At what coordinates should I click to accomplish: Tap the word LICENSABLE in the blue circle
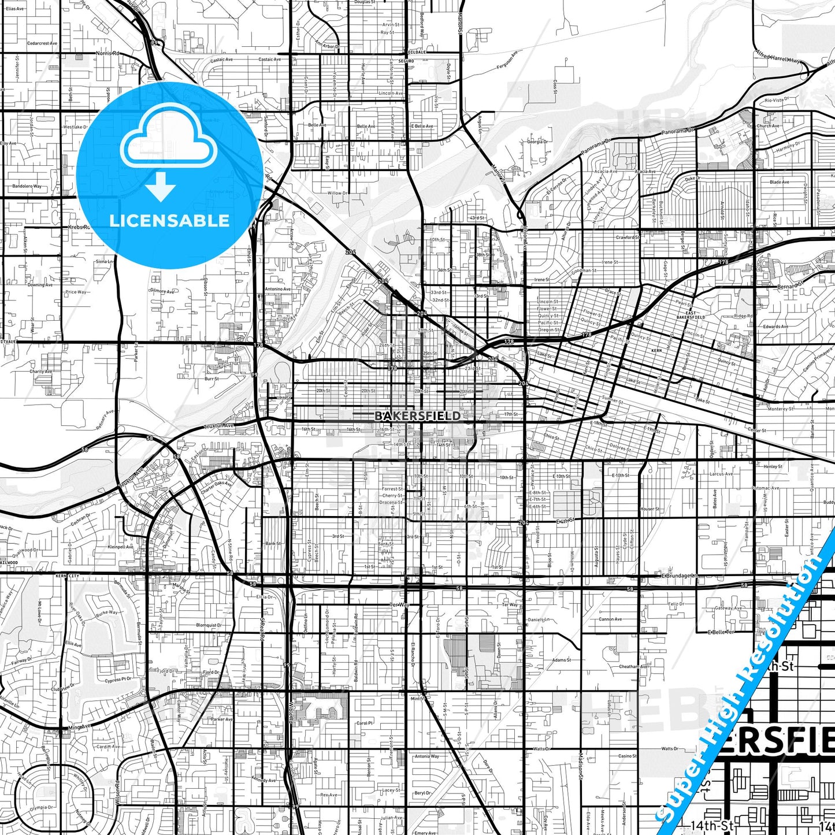169,221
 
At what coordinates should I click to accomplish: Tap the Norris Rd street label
107,53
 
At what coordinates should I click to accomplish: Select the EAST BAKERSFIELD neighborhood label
691,315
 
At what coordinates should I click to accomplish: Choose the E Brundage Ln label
680,576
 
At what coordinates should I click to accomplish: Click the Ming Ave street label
79,726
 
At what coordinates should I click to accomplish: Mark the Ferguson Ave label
507,60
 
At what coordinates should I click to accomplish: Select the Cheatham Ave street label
633,666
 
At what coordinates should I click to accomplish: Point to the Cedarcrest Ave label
42,43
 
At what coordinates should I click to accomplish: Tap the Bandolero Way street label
27,187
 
